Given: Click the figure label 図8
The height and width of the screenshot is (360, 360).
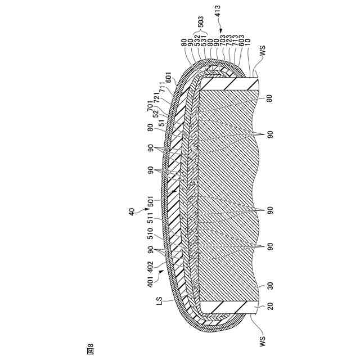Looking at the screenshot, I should coord(91,349).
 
